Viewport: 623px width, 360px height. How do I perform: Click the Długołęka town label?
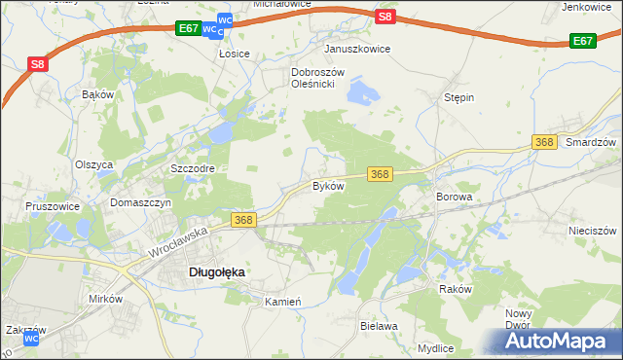coord(215,273)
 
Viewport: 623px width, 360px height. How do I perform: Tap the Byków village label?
coord(328,185)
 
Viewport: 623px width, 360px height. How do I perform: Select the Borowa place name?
coord(454,197)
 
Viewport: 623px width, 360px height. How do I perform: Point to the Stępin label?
coord(458,98)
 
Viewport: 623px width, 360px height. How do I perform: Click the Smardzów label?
coord(592,142)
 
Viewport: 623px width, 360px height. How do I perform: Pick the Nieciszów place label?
coord(593,232)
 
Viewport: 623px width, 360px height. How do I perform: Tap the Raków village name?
coord(456,290)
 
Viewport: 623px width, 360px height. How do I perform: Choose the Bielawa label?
coord(380,327)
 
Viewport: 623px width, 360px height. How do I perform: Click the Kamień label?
coord(283,302)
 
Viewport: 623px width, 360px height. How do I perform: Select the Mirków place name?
coord(105,299)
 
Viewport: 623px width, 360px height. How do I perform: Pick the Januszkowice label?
coord(357,49)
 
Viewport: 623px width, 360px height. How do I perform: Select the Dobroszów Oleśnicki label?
coord(313,78)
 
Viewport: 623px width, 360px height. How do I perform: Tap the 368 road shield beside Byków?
coord(381,174)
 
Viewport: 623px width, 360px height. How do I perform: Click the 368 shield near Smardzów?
coord(545,143)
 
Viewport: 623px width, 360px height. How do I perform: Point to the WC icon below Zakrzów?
coord(31,340)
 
